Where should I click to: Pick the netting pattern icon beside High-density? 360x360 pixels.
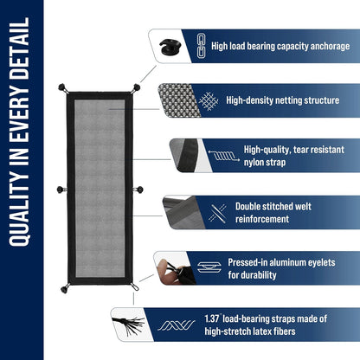pyautogui.click(x=209, y=100)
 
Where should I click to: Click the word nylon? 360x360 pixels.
pyautogui.click(x=255, y=161)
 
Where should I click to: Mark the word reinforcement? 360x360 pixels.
pyautogui.click(x=264, y=219)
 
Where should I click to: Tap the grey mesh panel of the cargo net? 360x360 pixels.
pyautogui.click(x=100, y=187)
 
